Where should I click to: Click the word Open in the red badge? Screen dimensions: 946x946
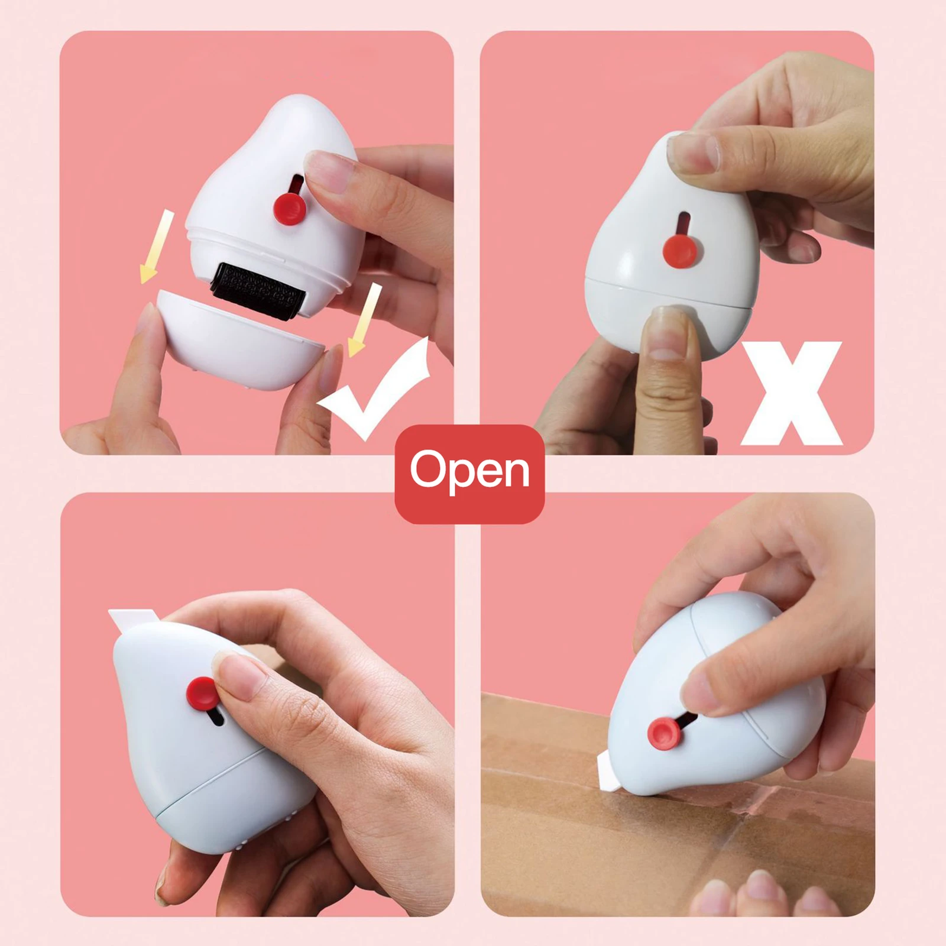470,471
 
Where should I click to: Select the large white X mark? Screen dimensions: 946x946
791,393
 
